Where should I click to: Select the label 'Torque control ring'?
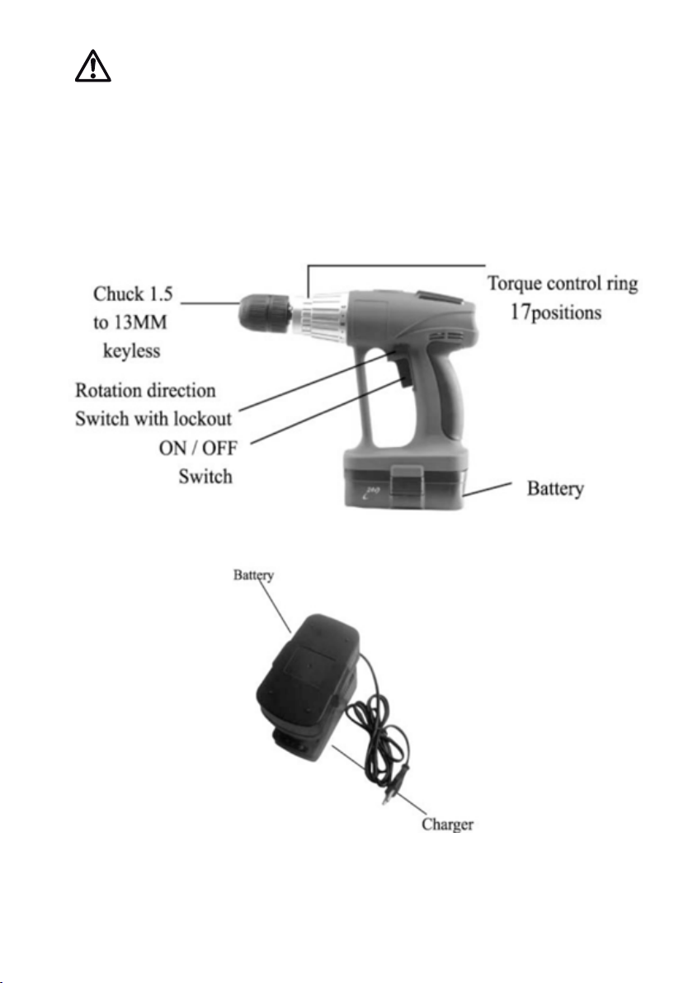(562, 284)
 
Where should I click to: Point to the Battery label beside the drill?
(555, 488)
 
